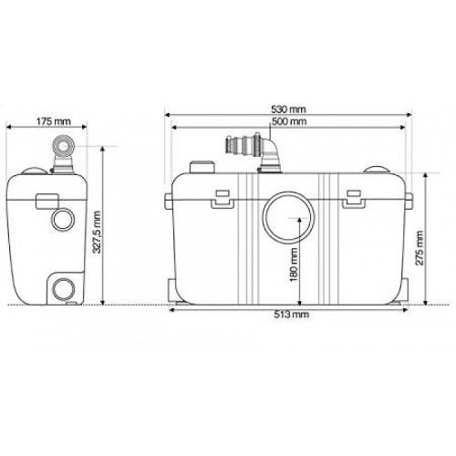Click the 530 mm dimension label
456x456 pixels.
(288, 109)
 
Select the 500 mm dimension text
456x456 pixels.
(289, 121)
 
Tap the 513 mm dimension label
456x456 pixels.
(292, 314)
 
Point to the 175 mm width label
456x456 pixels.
(54, 121)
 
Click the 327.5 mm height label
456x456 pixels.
(97, 232)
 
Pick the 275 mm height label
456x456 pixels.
(420, 248)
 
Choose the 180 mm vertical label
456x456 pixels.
(294, 264)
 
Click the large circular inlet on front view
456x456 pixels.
(288, 217)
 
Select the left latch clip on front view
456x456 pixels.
(223, 200)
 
